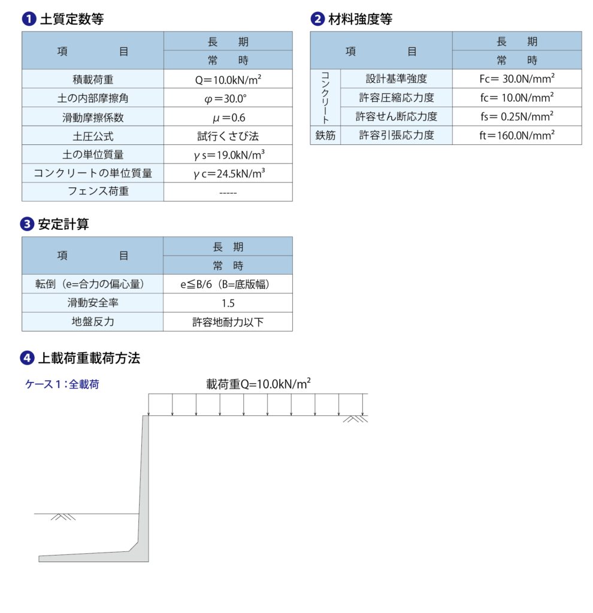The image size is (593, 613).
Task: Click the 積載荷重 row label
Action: (x=93, y=79)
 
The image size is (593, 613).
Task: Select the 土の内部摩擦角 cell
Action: (x=93, y=98)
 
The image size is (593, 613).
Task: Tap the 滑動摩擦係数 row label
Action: (x=93, y=117)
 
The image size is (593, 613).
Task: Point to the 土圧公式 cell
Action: (x=93, y=136)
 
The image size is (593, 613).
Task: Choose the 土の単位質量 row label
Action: (x=93, y=154)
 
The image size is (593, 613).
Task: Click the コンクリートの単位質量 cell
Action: (x=93, y=174)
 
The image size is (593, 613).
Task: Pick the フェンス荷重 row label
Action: (x=93, y=192)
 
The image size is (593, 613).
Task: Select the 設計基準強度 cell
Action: (x=396, y=78)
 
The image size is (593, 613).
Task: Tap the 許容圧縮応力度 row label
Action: (x=396, y=98)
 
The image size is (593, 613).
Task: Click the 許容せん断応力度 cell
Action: (x=396, y=116)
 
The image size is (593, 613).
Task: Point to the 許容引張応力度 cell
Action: (x=396, y=135)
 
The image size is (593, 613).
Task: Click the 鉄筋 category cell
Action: (x=325, y=135)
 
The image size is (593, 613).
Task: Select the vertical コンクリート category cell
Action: (x=325, y=98)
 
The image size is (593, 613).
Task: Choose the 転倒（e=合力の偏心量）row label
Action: (x=93, y=284)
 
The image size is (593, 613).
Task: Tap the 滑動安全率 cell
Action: (x=93, y=303)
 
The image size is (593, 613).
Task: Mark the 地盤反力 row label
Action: (x=93, y=321)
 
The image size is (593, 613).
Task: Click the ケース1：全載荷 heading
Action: (x=62, y=385)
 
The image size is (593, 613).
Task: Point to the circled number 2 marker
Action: (x=317, y=19)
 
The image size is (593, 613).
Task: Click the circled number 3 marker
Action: (x=28, y=224)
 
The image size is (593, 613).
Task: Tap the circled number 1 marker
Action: (x=29, y=19)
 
